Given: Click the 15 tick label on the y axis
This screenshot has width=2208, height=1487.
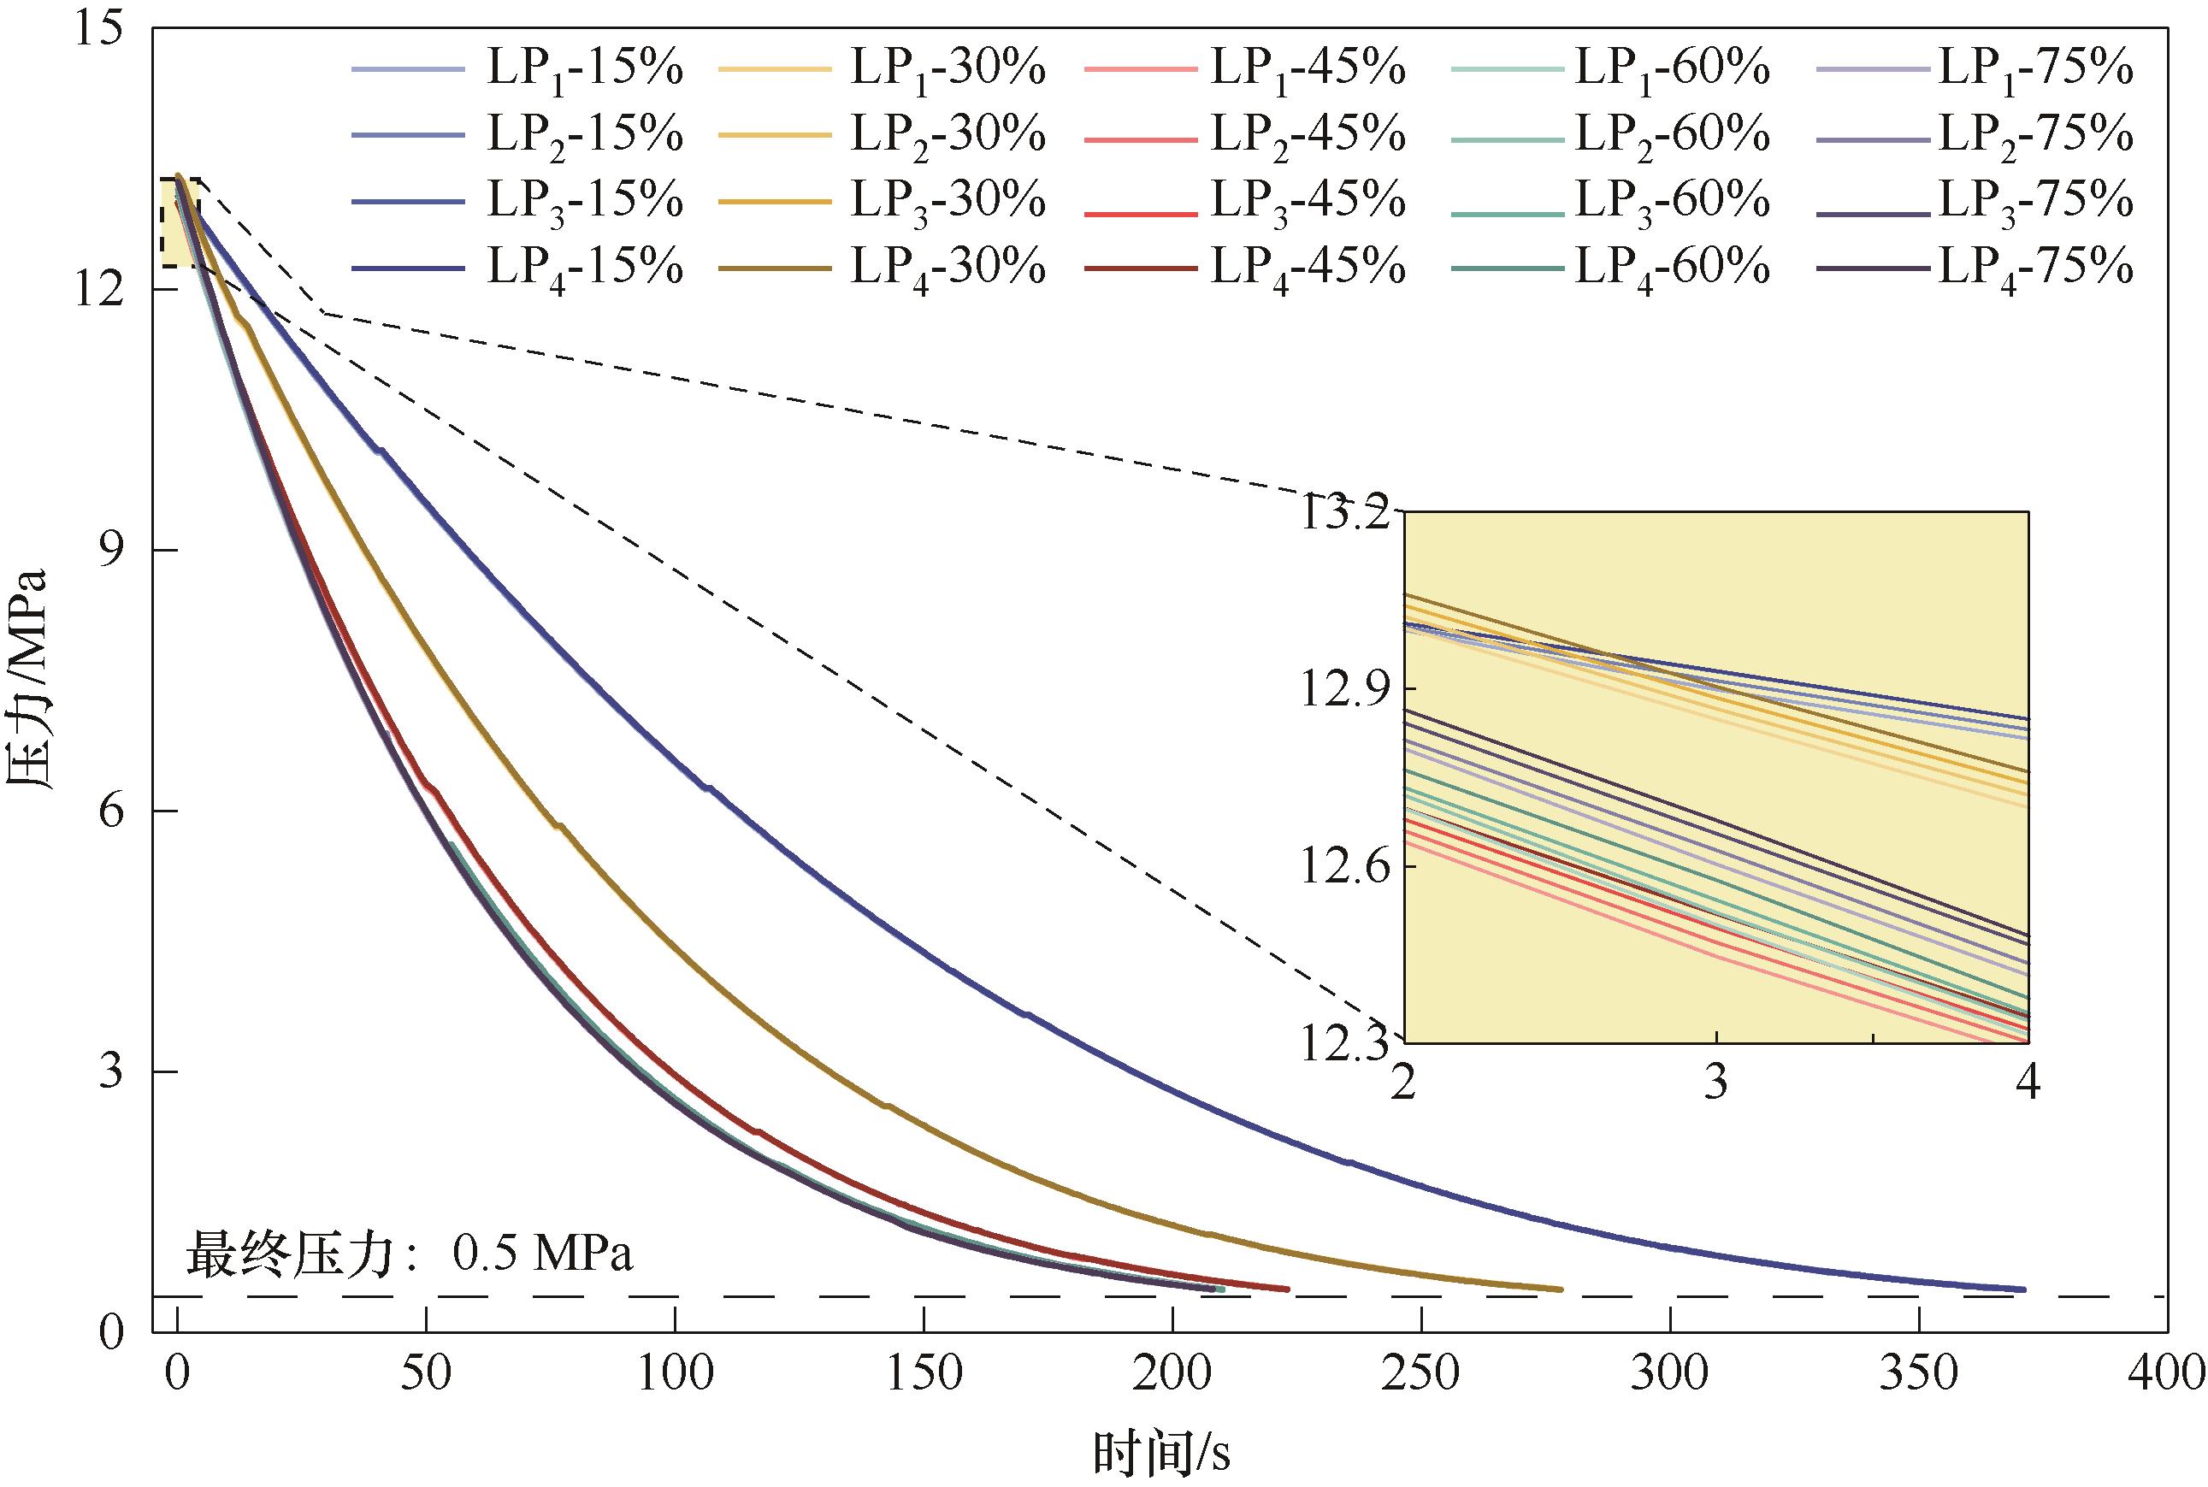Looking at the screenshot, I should point(104,30).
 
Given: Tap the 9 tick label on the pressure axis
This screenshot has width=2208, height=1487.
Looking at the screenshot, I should point(115,551).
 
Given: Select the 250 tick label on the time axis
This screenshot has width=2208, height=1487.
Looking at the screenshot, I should point(1420,1374).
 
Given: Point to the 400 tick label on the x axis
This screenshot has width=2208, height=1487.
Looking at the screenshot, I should point(2166,1374).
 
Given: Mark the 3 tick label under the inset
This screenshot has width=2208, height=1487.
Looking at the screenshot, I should point(1715,1081).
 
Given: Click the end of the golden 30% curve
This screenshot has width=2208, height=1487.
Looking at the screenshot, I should point(1559,1289).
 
